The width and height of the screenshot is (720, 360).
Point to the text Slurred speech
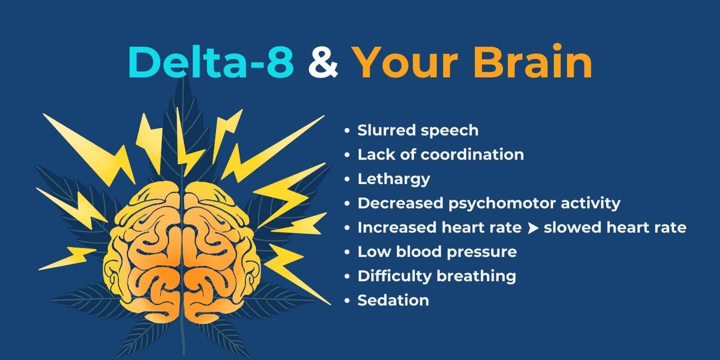(418, 130)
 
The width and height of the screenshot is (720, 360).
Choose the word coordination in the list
(472, 155)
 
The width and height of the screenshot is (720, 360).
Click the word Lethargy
(394, 179)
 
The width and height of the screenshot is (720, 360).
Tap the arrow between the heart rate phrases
(533, 228)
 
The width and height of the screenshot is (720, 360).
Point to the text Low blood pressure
(437, 252)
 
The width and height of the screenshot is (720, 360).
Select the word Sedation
(393, 301)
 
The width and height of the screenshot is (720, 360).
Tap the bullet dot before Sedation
(347, 301)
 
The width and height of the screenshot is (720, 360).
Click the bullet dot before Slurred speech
(347, 130)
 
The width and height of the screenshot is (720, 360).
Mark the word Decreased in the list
(399, 203)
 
